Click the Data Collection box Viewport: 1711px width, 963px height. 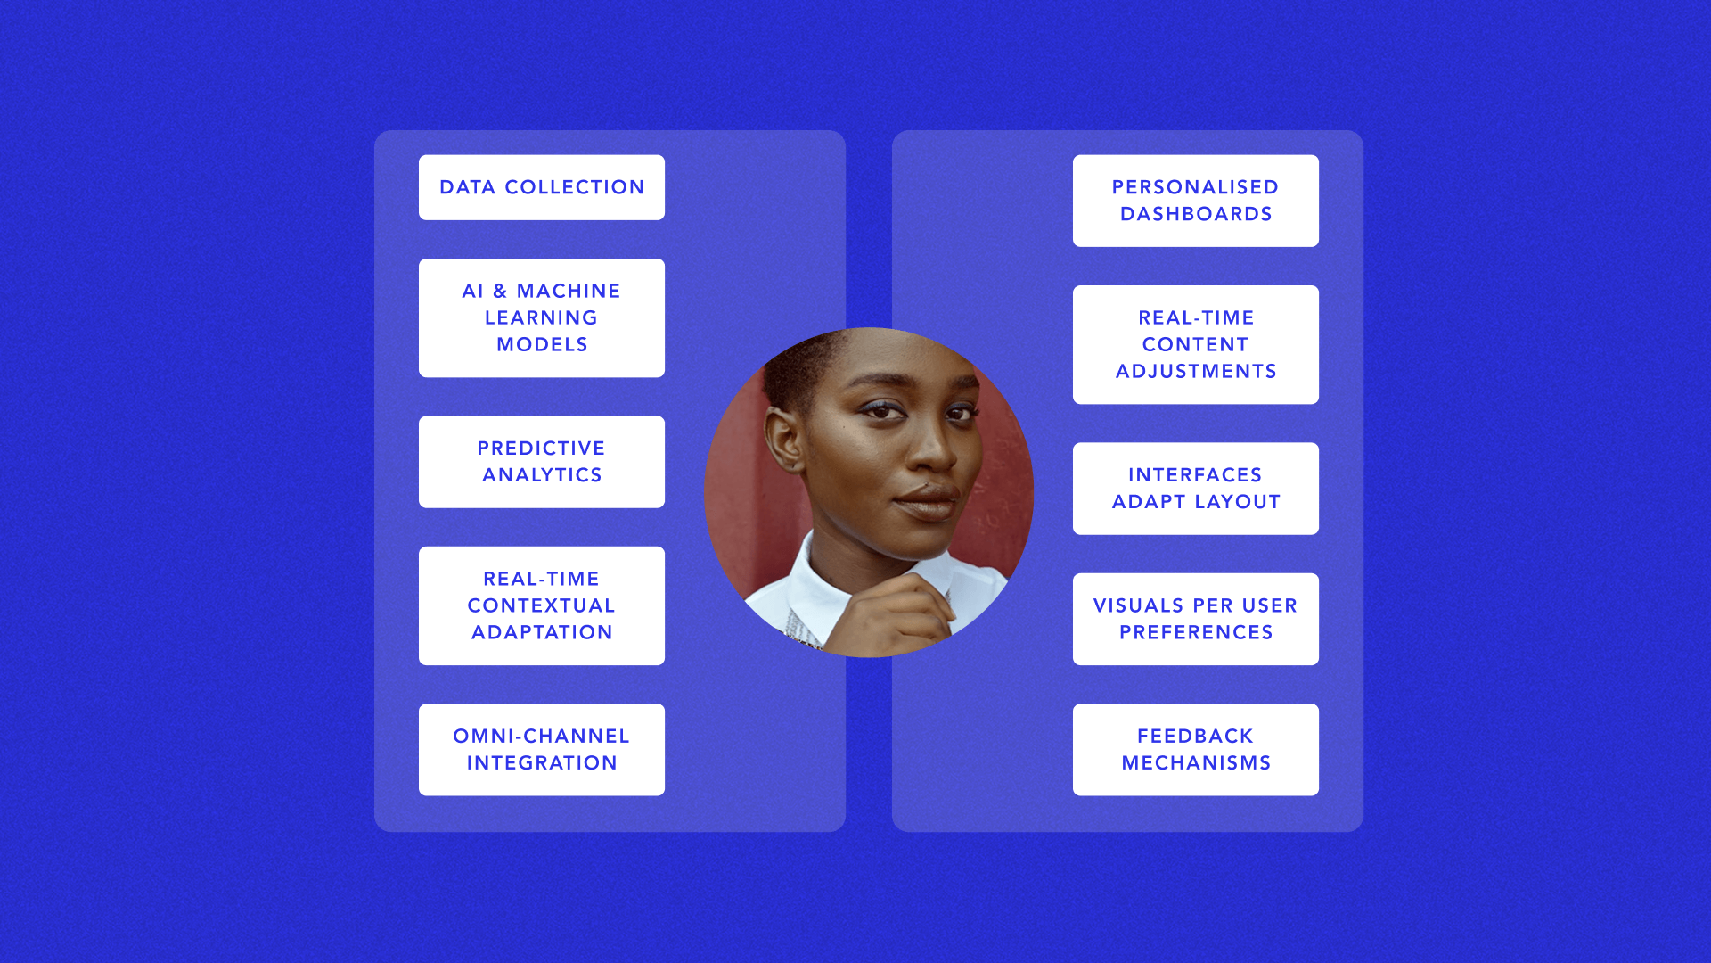click(542, 187)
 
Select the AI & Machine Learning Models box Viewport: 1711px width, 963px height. click(542, 317)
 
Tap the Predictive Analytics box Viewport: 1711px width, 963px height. click(542, 462)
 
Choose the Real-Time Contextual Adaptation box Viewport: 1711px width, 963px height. click(542, 605)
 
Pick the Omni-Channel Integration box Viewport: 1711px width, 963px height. click(542, 749)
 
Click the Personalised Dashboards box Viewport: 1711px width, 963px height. click(1196, 201)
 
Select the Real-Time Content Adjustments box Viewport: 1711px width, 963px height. click(1196, 344)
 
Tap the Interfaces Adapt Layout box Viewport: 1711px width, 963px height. click(1196, 489)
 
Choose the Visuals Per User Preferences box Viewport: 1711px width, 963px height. click(1196, 619)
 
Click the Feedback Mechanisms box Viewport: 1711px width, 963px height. click(1196, 749)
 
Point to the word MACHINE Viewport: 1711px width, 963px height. click(569, 291)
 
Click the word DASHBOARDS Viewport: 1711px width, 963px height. click(1196, 214)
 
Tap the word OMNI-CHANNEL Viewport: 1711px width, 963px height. click(542, 736)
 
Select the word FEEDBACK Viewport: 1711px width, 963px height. click(1196, 736)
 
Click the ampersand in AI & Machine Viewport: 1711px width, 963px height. click(500, 291)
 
